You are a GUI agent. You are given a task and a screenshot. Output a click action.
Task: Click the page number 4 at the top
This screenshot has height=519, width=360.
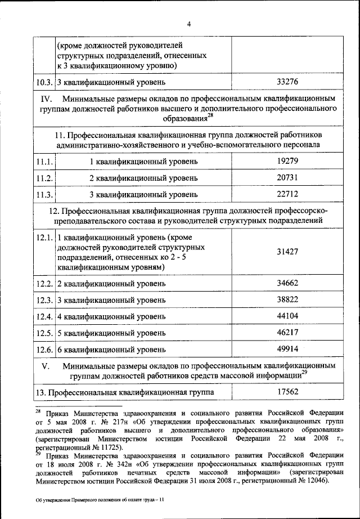pyautogui.click(x=189, y=24)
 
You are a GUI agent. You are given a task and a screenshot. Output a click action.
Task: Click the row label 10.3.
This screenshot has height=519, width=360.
pyautogui.click(x=44, y=82)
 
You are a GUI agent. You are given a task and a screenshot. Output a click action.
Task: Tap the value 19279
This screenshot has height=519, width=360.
pyautogui.click(x=287, y=161)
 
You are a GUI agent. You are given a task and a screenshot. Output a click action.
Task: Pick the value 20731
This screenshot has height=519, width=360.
pyautogui.click(x=287, y=178)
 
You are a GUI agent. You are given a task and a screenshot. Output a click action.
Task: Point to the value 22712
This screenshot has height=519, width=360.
pyautogui.click(x=287, y=195)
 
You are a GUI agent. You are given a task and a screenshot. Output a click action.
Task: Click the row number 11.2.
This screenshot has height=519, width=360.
pyautogui.click(x=44, y=178)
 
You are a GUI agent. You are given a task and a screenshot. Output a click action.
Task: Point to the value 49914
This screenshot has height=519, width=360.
pyautogui.click(x=287, y=348)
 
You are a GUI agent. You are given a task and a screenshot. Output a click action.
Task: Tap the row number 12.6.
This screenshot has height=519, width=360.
pyautogui.click(x=44, y=350)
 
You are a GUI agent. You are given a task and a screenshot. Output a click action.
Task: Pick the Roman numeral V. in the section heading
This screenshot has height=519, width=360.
pyautogui.click(x=46, y=365)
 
